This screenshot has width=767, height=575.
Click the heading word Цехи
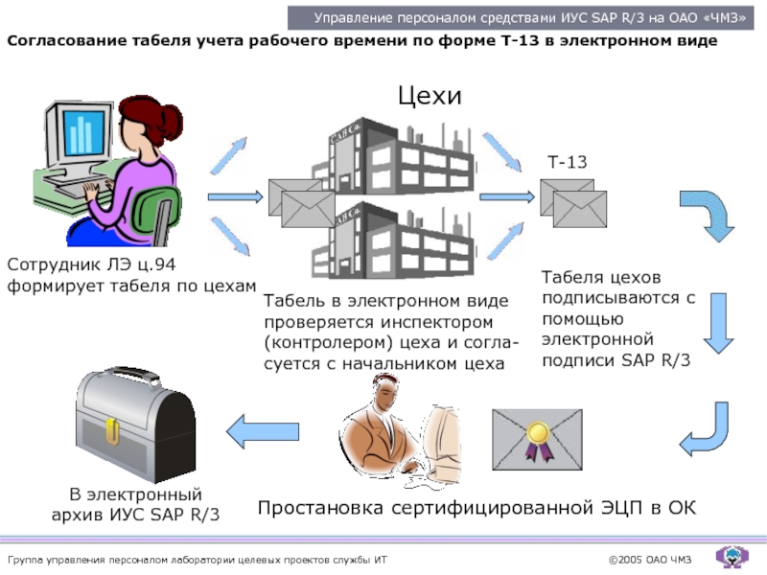click(430, 96)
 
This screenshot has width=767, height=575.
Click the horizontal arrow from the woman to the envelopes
click(235, 196)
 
